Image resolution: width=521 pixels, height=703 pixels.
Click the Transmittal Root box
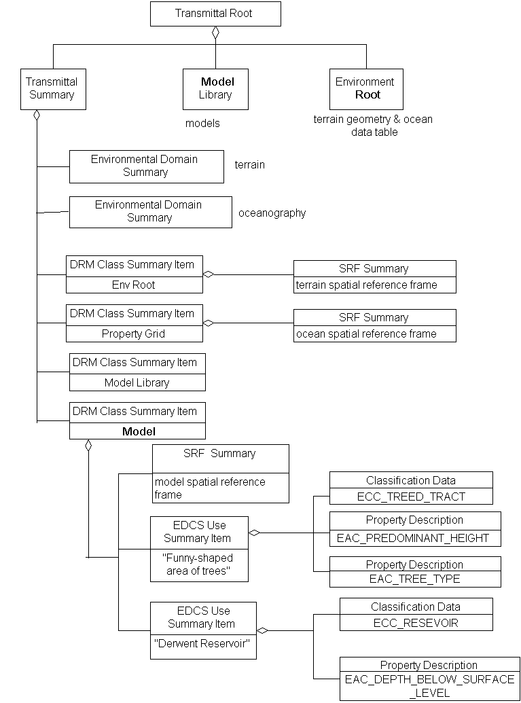pos(215,14)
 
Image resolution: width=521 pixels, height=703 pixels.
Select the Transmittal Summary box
pos(52,88)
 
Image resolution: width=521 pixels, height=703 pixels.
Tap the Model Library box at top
pos(215,88)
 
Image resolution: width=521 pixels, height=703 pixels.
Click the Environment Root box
pos(365,88)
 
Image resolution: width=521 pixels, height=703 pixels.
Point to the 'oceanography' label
pos(272,213)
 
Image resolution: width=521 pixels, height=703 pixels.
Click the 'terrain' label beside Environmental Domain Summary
pos(249,164)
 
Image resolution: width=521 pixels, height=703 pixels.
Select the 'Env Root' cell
pos(134,285)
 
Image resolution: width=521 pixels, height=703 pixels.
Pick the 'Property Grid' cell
pos(134,334)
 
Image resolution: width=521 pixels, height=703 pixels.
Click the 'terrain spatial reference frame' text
pos(367,285)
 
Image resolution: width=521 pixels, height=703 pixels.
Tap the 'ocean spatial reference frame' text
pos(367,334)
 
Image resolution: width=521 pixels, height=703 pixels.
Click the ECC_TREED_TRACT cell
pos(411,497)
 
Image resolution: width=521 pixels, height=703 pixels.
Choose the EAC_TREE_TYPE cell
pos(414,579)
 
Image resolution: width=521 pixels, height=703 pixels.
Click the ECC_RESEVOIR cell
pos(416,623)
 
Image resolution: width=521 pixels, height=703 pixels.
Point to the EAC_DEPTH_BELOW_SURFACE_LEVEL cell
pos(429,686)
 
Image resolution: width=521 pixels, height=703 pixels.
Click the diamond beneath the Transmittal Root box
pos(215,33)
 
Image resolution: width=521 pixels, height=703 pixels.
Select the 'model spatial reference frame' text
pos(210,488)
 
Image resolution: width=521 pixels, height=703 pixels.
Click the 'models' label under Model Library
pos(202,124)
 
